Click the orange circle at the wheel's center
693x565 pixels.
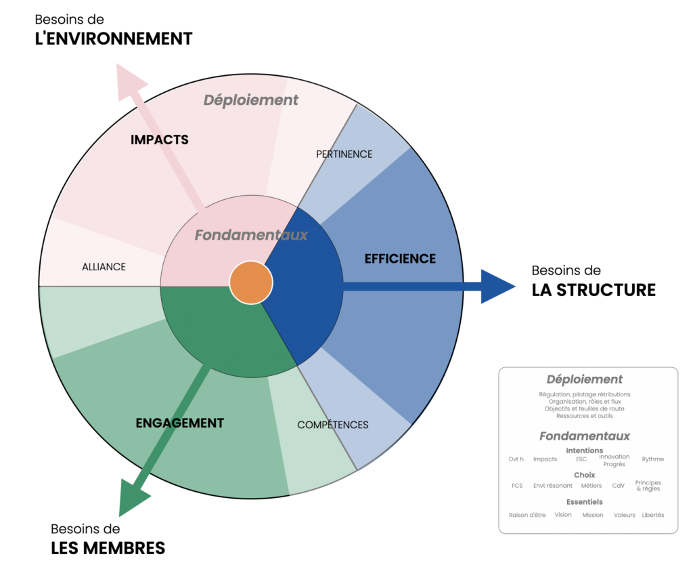pos(251,282)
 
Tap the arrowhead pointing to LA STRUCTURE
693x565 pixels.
pos(498,286)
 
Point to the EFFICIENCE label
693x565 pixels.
pos(400,258)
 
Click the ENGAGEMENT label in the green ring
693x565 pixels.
pos(179,423)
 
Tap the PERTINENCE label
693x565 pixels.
pos(344,154)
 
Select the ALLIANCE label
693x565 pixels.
pos(104,266)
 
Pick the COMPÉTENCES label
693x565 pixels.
pos(333,425)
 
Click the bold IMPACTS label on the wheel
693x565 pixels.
pos(159,140)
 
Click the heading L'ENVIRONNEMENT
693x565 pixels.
pos(114,39)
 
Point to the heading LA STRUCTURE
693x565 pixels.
pos(594,290)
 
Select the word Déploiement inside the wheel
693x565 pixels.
pos(251,100)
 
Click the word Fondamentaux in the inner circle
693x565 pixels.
pos(251,235)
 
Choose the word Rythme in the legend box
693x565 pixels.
pos(652,459)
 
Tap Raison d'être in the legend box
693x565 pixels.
pos(527,515)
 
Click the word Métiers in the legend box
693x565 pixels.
pos(591,486)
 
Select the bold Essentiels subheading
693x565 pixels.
pos(584,502)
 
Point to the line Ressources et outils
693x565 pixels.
pos(584,416)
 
